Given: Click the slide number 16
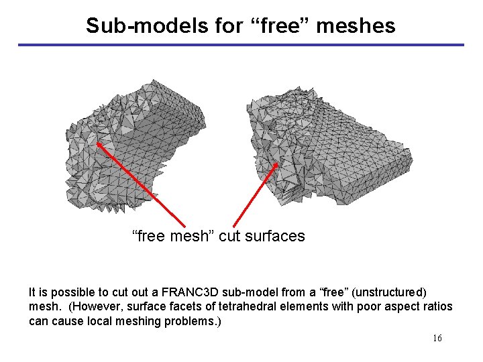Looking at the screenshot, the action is point(437,338).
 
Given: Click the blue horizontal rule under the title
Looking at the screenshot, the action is point(241,45).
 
